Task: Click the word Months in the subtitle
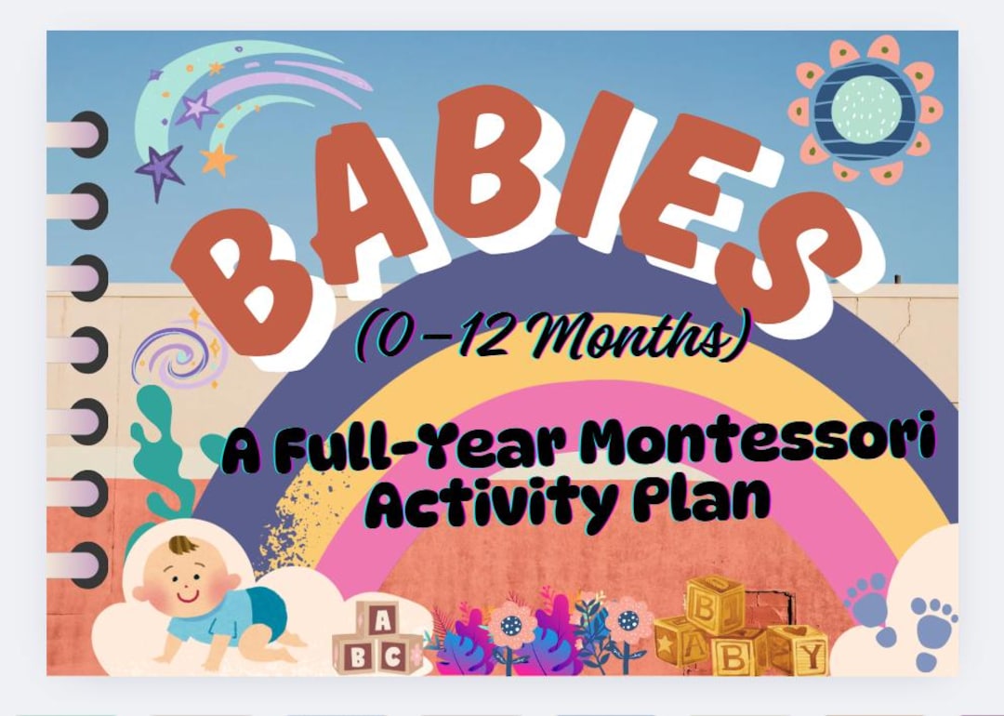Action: click(651, 338)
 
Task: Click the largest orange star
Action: click(217, 159)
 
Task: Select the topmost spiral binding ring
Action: click(80, 134)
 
